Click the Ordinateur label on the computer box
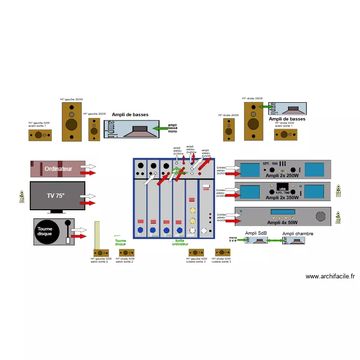click(58, 169)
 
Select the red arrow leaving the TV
click(88, 203)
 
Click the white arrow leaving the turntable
click(78, 230)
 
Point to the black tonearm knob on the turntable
click(68, 223)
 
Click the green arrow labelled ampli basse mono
click(160, 129)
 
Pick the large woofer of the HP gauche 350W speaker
click(72, 125)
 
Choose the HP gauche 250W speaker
click(95, 129)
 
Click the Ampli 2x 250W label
click(282, 176)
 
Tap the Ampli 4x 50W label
click(282, 222)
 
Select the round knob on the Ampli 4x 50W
click(320, 216)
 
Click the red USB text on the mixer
click(206, 189)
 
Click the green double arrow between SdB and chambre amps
click(272, 241)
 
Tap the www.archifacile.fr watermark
click(330, 276)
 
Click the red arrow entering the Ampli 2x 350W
click(232, 196)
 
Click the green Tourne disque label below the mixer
click(120, 242)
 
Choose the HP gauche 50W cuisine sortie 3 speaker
click(196, 253)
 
